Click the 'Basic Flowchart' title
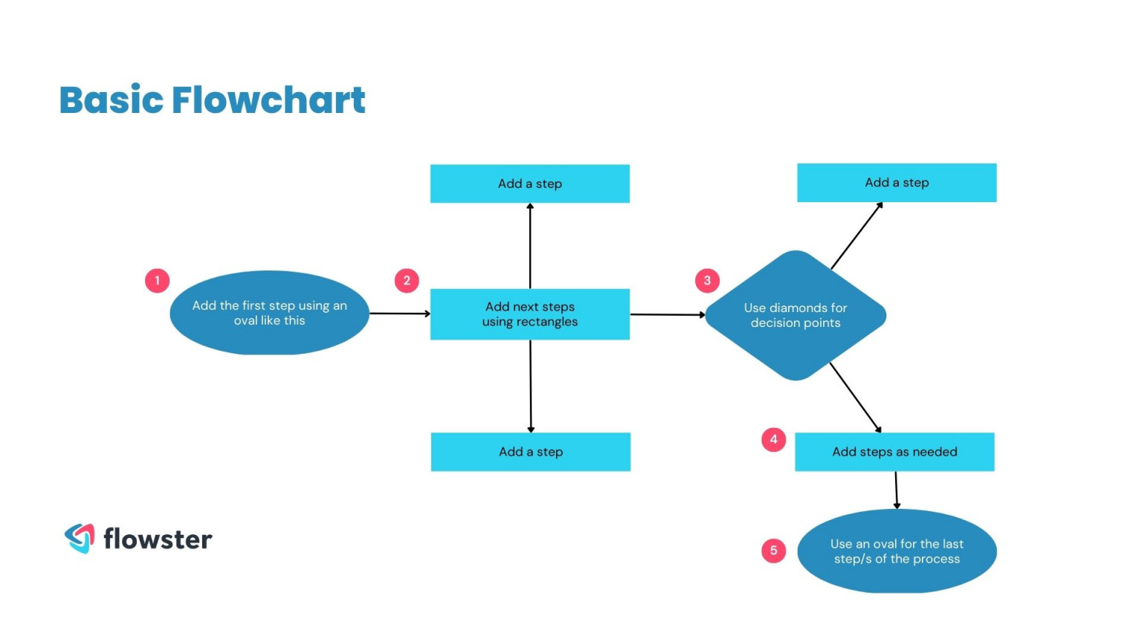click(212, 100)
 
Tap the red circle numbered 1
click(157, 281)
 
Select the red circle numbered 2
click(407, 281)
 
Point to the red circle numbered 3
click(707, 281)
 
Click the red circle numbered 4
click(773, 439)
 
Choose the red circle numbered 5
click(773, 551)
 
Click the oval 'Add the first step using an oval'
click(269, 313)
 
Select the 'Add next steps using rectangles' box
click(529, 314)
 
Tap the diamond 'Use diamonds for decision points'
click(795, 315)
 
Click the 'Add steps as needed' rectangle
click(894, 452)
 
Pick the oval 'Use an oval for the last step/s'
click(897, 551)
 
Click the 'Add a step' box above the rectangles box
click(529, 184)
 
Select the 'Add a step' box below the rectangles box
click(530, 452)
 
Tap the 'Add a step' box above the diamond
click(897, 183)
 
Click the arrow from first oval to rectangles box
click(399, 314)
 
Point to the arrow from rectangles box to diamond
click(667, 314)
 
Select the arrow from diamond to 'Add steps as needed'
click(855, 398)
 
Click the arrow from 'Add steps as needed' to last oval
click(896, 490)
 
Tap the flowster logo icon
click(80, 538)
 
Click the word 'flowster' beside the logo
click(158, 539)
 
